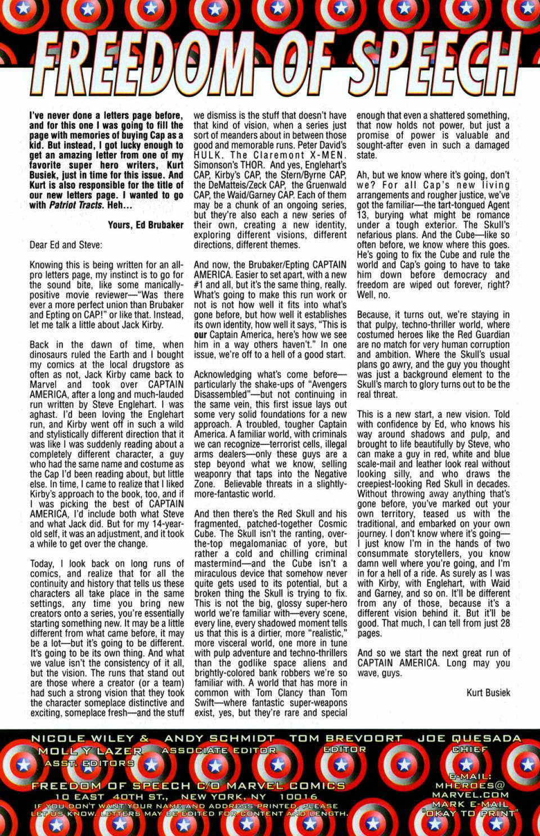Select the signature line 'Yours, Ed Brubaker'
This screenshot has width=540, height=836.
[146, 225]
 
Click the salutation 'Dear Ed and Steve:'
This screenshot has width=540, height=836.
[66, 245]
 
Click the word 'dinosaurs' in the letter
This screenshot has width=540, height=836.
[49, 355]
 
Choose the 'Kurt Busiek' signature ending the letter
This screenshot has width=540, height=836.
[488, 693]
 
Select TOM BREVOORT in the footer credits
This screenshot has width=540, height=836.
[346, 738]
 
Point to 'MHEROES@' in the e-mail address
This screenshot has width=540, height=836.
[470, 785]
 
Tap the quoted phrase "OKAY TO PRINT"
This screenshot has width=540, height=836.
[470, 813]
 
